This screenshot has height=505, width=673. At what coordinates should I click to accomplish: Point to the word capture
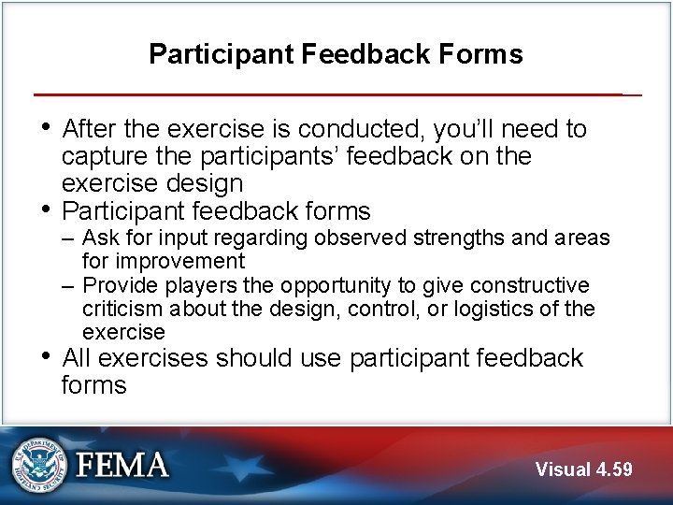[x=105, y=156]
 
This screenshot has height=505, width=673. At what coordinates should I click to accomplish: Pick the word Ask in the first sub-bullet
[x=101, y=238]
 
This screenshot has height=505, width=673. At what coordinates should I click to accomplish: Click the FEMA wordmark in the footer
[x=122, y=465]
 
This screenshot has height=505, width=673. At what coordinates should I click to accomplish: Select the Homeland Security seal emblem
[x=39, y=465]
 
